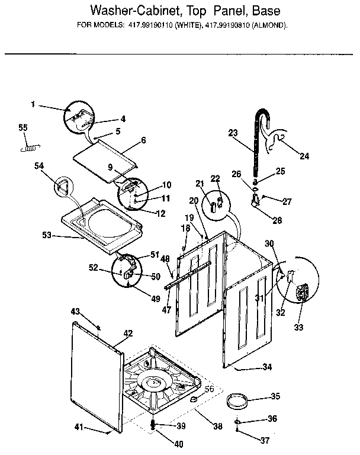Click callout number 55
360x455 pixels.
click(x=23, y=127)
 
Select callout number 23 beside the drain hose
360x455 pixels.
click(x=232, y=133)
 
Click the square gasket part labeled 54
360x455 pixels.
click(x=63, y=188)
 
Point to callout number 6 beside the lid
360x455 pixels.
click(x=143, y=141)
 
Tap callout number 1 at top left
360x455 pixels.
click(x=34, y=105)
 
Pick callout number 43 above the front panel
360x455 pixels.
click(x=75, y=312)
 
